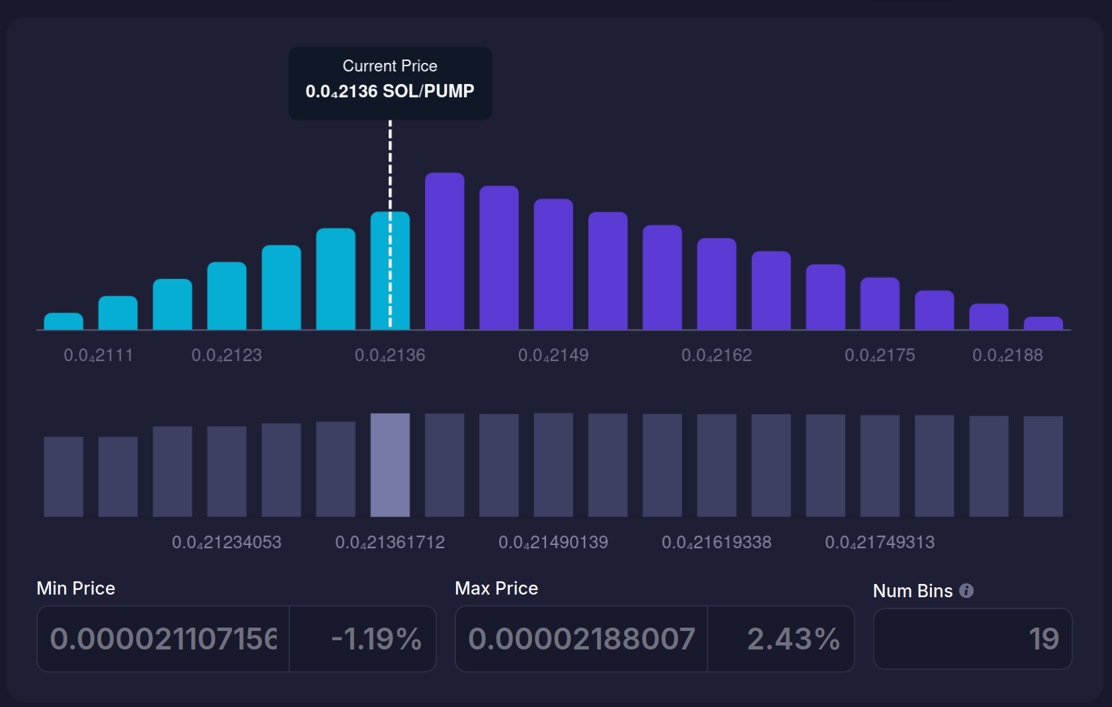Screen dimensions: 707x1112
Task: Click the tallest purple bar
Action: pyautogui.click(x=444, y=251)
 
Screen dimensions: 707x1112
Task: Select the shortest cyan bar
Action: pyautogui.click(x=64, y=321)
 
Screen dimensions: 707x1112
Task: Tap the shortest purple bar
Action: pyautogui.click(x=1042, y=323)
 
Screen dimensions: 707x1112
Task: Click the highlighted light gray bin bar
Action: pyautogui.click(x=390, y=465)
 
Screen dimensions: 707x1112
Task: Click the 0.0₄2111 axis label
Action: pyautogui.click(x=98, y=355)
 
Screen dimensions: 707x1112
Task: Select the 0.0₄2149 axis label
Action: pyautogui.click(x=553, y=355)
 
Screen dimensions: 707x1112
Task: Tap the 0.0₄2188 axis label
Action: pyautogui.click(x=1007, y=355)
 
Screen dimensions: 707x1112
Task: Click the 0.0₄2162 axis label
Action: pyautogui.click(x=717, y=355)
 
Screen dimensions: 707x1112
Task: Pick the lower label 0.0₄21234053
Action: pyautogui.click(x=226, y=542)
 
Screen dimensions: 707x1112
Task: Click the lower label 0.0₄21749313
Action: pyautogui.click(x=880, y=542)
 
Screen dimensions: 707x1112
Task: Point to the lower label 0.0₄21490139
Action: pyautogui.click(x=553, y=542)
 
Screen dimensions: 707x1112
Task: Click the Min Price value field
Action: pyautogui.click(x=163, y=639)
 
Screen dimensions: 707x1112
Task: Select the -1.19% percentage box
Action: pyautogui.click(x=363, y=639)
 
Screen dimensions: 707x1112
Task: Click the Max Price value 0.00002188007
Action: pyautogui.click(x=581, y=639)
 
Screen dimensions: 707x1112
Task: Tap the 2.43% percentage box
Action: pyautogui.click(x=782, y=639)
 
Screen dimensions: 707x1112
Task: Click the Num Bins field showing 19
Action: pyautogui.click(x=972, y=639)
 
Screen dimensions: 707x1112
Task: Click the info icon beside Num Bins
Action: pyautogui.click(x=966, y=591)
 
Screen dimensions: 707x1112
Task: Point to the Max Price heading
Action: pyautogui.click(x=496, y=588)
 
